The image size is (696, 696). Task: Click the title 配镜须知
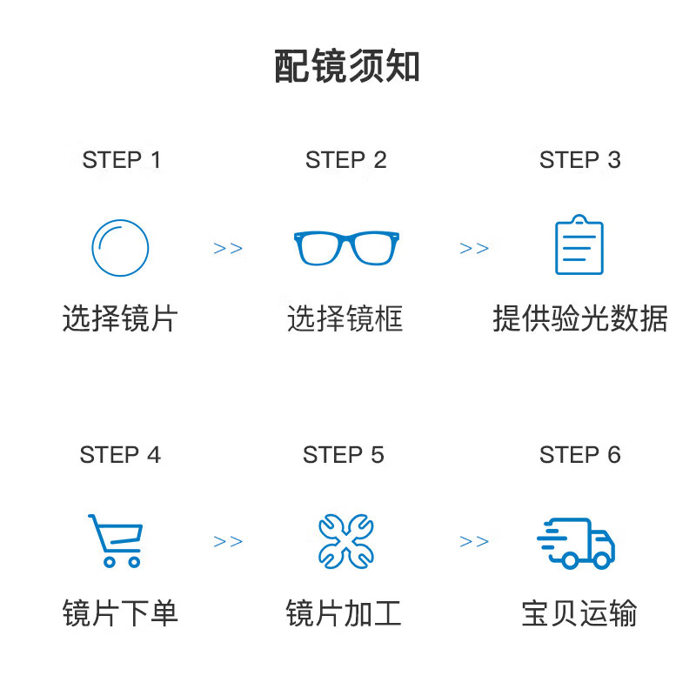point(346,66)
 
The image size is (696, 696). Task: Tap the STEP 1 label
point(121,160)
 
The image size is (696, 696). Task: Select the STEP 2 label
point(345,160)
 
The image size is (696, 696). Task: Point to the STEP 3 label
point(579,160)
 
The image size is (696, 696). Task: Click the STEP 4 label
point(120,454)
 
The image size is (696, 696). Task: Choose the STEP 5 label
point(343,454)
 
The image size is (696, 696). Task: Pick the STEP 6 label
point(579,454)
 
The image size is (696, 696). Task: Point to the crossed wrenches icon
point(346,541)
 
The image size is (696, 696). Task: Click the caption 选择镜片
point(120,318)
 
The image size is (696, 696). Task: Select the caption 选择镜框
point(345,318)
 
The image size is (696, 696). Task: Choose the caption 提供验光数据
point(580,318)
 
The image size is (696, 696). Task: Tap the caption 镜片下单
point(120,613)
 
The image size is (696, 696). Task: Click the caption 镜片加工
point(344,613)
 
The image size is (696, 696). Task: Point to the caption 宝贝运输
point(579,613)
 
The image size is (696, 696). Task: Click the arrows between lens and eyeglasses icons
point(228,248)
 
